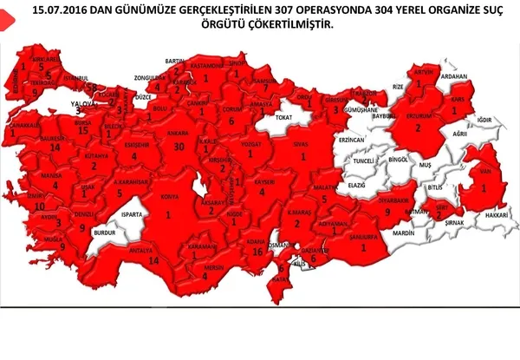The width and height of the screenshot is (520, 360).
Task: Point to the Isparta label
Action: click(131, 212)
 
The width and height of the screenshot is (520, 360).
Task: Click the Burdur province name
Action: click(104, 233)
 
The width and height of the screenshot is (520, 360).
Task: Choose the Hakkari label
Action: click(494, 213)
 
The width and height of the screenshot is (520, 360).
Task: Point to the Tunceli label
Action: click(362, 160)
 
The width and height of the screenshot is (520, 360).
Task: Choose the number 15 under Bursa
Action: click(83, 130)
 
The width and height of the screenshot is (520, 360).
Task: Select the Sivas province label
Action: click(302, 141)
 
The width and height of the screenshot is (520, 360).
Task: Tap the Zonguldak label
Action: click(148, 77)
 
